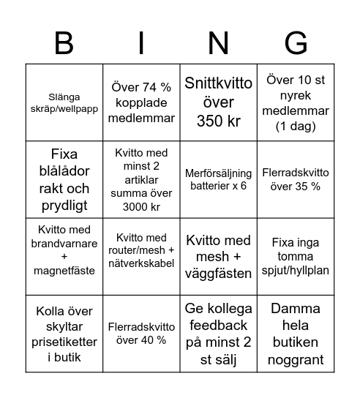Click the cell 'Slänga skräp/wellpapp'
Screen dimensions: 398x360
(64, 102)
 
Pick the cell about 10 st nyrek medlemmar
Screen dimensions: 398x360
(296, 102)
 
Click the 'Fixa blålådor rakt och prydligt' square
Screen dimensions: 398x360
(64, 179)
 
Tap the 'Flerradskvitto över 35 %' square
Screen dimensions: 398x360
(296, 179)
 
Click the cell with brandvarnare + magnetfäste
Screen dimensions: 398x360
(64, 256)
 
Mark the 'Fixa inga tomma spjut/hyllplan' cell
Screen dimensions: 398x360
(296, 256)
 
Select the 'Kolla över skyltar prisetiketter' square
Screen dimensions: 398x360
(64, 334)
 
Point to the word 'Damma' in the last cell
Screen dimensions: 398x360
(296, 309)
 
